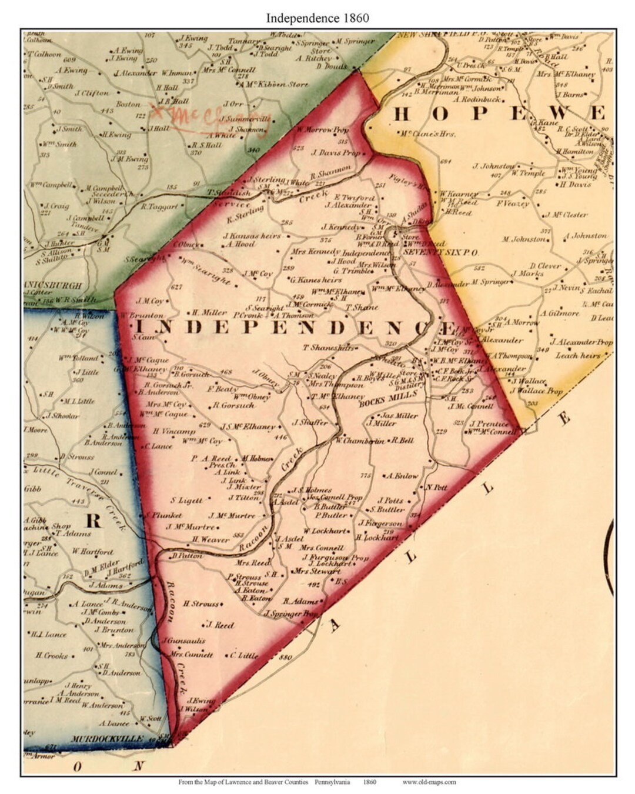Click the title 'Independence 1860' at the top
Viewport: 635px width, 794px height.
(317, 18)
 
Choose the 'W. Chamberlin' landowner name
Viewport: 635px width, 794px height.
(360, 441)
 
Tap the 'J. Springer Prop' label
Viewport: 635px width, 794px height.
(290, 614)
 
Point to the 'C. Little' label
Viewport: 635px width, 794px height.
(243, 655)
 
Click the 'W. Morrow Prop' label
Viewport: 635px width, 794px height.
(323, 129)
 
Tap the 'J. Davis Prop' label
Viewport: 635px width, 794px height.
(336, 153)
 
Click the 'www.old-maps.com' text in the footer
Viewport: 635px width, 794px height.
(429, 782)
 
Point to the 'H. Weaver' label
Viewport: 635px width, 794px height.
(210, 539)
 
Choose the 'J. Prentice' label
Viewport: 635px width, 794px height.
(489, 423)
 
